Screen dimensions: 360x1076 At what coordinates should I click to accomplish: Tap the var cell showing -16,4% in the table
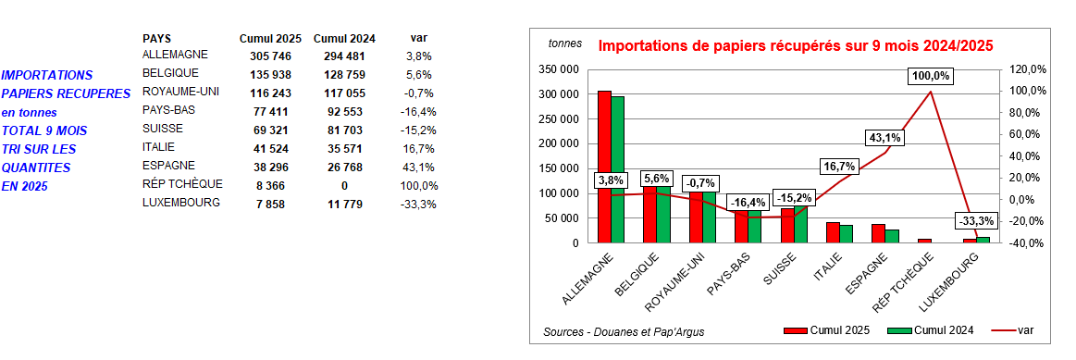click(420, 111)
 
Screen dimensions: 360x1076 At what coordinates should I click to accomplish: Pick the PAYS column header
click(156, 38)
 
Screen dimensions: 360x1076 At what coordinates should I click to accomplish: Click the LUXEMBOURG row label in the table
click(181, 203)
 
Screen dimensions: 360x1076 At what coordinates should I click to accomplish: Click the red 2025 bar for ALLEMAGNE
click(604, 167)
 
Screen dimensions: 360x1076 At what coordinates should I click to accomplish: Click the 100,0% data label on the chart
click(930, 76)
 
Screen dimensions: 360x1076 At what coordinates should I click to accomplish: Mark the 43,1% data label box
click(884, 137)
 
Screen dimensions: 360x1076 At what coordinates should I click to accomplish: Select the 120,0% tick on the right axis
click(1026, 69)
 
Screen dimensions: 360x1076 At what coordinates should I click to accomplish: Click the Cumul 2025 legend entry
click(830, 330)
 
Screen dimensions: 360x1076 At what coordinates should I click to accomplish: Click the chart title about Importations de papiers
click(795, 45)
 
